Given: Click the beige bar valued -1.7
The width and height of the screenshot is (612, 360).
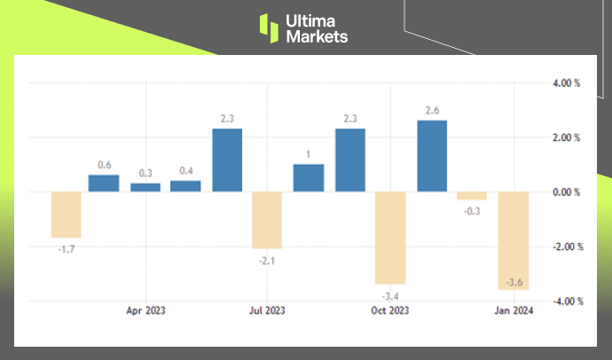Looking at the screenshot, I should (x=67, y=215).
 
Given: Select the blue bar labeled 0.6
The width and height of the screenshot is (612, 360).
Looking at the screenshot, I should (x=104, y=183).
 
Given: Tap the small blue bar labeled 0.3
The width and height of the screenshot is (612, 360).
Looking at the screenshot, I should (x=145, y=187).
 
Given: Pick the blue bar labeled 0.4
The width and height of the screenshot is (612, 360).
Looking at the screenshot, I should (x=185, y=186).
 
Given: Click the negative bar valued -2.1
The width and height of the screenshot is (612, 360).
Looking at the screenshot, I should (x=267, y=220).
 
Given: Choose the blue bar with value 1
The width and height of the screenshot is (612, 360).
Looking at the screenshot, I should (x=308, y=178).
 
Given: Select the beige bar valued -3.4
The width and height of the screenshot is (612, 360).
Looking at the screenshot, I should (x=390, y=238).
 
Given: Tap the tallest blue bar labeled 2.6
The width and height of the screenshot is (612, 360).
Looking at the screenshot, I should (x=432, y=156).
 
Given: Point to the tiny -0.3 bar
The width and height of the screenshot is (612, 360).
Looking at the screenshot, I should (x=472, y=196).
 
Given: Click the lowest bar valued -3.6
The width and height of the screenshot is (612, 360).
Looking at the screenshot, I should (x=513, y=240).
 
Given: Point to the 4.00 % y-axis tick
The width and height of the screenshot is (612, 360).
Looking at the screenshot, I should (x=565, y=83).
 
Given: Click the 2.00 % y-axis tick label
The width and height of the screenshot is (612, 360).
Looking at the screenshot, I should (x=565, y=138).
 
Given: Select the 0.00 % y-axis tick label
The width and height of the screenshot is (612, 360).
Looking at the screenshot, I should (x=565, y=192).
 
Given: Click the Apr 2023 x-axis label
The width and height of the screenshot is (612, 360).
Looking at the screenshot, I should (x=145, y=311).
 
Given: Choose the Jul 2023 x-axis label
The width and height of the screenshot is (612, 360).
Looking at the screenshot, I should (x=267, y=311).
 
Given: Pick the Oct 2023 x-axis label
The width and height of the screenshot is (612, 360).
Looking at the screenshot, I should (x=390, y=311).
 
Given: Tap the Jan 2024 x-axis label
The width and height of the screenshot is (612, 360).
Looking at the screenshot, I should (x=513, y=311).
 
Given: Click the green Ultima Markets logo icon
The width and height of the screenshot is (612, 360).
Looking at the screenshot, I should (x=269, y=27).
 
